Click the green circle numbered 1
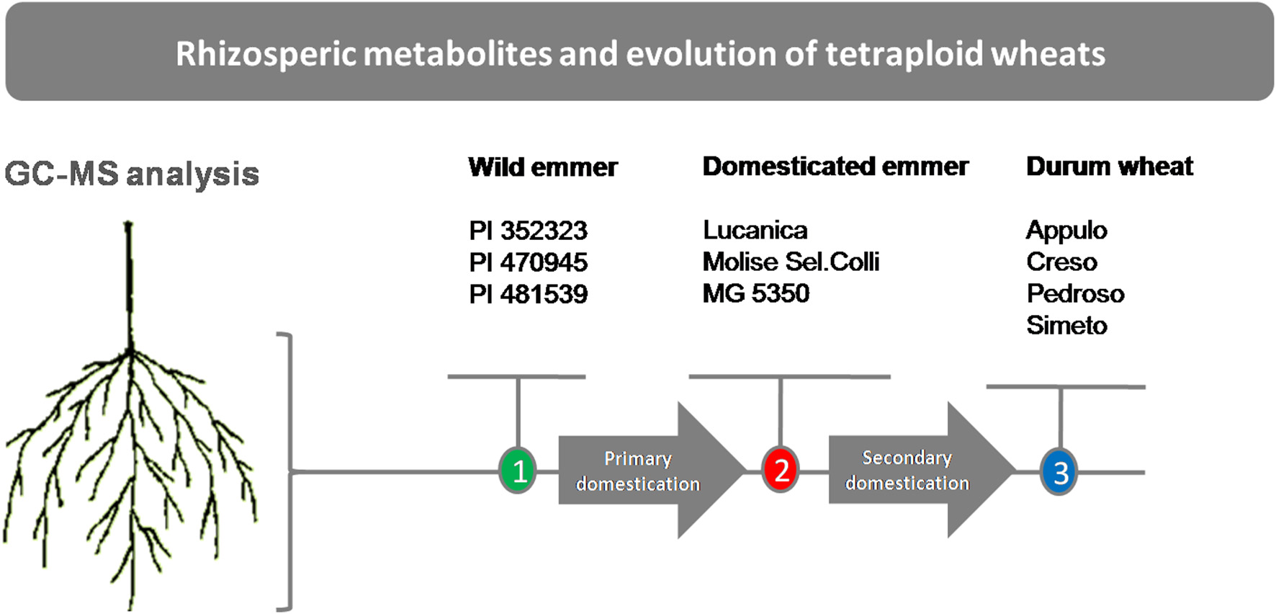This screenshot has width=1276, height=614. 518,471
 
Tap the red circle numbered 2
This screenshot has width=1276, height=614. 781,470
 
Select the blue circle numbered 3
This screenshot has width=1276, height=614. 1059,472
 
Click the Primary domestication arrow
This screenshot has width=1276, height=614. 652,470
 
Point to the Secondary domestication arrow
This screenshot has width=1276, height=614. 922,469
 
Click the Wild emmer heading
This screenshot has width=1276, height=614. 543,167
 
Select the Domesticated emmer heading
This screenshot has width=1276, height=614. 835,166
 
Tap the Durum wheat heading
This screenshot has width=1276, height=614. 1110,166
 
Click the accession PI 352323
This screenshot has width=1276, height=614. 528,231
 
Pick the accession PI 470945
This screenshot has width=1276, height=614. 528,262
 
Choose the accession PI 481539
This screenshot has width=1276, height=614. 528,294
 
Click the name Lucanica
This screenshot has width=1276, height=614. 755,230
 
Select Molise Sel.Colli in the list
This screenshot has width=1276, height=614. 791,262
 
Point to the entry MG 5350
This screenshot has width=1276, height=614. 756,293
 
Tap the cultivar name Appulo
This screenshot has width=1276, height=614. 1066,231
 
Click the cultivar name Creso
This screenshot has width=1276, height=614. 1061,262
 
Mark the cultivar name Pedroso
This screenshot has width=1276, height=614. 1075,293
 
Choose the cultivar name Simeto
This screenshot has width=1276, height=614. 1066,325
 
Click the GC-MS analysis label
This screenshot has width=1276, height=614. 132,174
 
